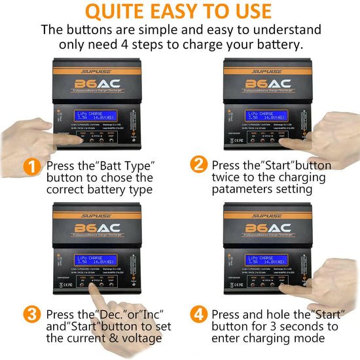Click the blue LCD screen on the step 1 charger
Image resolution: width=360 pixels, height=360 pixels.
[98, 115]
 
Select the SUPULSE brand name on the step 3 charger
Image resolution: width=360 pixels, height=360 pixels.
[99, 213]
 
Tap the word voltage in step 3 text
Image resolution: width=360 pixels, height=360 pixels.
[138, 338]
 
